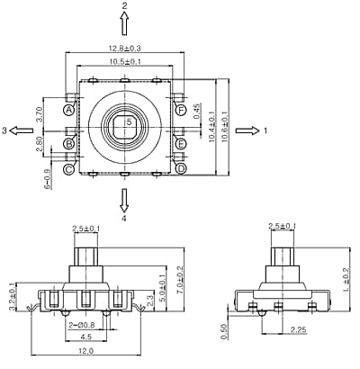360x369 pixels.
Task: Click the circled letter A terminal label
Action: point(68,111)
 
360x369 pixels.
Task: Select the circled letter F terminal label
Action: point(181,111)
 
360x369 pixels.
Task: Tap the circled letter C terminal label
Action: point(68,167)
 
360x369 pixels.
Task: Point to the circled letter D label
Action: point(181,168)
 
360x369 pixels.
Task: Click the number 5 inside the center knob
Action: point(129,121)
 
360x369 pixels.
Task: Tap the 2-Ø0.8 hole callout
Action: point(83,324)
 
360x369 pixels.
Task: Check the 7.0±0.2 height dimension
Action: point(179,282)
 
